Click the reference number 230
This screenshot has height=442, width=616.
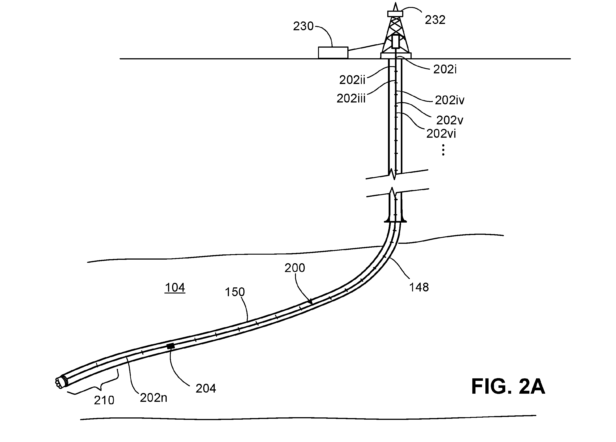pyautogui.click(x=303, y=26)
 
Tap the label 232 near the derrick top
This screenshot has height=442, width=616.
pyautogui.click(x=435, y=20)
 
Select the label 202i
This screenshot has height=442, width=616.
pyautogui.click(x=445, y=70)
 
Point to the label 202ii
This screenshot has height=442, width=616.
pyautogui.click(x=352, y=80)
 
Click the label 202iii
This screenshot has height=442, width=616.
pyautogui.click(x=351, y=98)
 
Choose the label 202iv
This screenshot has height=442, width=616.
pyautogui.click(x=450, y=100)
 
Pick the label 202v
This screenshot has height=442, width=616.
pyautogui.click(x=450, y=120)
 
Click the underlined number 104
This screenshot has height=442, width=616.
pyautogui.click(x=175, y=288)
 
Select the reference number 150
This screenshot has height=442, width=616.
pyautogui.click(x=235, y=292)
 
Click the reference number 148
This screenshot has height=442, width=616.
pyautogui.click(x=419, y=287)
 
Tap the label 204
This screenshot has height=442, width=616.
pyautogui.click(x=206, y=389)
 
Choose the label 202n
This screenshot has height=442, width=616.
pyautogui.click(x=153, y=398)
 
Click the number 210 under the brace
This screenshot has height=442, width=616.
pyautogui.click(x=104, y=400)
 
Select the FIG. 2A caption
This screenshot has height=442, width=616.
pyautogui.click(x=508, y=386)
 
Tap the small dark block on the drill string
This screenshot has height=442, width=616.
pyautogui.click(x=171, y=346)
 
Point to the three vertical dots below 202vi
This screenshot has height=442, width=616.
pyautogui.click(x=443, y=150)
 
